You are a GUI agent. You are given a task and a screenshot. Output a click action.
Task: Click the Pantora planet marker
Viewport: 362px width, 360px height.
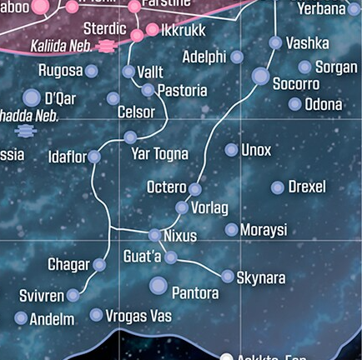point(158,286)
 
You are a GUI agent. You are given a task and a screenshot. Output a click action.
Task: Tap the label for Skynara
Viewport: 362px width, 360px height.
point(261,277)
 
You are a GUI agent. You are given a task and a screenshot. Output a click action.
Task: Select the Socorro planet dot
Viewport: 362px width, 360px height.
point(260,77)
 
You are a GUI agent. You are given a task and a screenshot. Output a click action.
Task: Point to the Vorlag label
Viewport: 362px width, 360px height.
point(209,207)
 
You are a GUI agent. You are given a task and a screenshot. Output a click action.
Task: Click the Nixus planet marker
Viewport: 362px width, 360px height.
point(154,235)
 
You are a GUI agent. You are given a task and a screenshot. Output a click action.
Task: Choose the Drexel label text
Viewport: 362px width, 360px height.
point(307,187)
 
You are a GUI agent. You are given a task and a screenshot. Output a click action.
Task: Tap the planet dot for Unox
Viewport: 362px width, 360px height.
point(231,150)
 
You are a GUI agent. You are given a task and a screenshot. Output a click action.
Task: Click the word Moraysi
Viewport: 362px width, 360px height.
point(264,229)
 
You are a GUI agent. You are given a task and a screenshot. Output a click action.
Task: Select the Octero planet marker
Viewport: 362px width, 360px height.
point(195,189)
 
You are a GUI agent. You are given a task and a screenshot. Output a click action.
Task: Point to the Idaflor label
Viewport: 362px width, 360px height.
point(68,156)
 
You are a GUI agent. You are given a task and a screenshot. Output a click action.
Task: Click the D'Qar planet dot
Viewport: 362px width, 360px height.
point(32,98)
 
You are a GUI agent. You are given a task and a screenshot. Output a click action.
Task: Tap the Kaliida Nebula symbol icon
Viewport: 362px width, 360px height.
point(105,47)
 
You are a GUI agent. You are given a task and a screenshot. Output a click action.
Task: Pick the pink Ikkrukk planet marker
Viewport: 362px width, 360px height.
point(152,29)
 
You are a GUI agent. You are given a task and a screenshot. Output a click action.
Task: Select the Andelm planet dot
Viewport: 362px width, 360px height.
point(21,317)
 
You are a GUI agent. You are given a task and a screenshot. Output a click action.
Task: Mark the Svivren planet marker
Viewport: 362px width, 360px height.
point(73,295)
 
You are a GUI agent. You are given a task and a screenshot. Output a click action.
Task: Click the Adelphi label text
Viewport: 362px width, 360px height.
point(204,57)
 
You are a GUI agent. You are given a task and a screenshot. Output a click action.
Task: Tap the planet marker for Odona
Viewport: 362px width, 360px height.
point(294,104)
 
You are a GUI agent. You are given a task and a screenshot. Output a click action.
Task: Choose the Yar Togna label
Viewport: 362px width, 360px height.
point(160,154)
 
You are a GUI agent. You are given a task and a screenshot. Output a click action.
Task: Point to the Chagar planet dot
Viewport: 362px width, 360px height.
point(99,265)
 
